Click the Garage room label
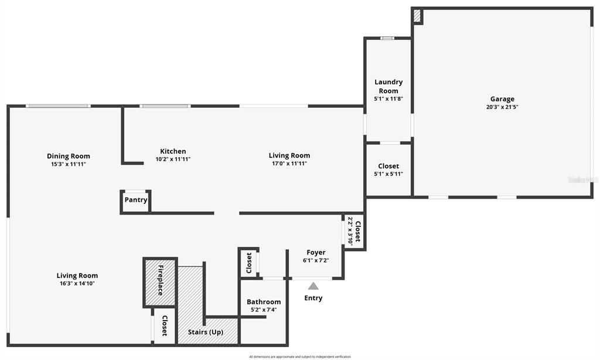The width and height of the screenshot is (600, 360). point(502,99)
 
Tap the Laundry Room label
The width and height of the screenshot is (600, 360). point(388,86)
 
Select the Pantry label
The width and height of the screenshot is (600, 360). point(135,200)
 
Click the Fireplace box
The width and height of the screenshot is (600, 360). point(160,282)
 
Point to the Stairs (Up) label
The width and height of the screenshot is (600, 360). point(208,332)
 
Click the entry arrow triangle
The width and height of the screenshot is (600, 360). point(313,286)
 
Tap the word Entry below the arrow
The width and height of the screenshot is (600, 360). point(313,298)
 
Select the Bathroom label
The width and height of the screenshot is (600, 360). point(263,302)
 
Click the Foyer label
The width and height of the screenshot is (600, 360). point(316,253)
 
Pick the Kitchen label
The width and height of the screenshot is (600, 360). point(173,151)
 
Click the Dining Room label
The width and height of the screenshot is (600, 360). point(69,156)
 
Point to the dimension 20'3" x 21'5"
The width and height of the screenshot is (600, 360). point(502,107)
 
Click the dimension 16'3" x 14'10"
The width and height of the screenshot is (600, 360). point(77,284)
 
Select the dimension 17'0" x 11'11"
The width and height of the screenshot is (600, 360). point(289,164)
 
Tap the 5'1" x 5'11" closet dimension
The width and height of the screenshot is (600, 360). point(388,174)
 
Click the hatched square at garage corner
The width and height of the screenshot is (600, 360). point(417,16)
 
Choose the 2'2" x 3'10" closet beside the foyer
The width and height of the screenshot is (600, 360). point(354,231)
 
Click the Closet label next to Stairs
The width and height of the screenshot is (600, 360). point(165,326)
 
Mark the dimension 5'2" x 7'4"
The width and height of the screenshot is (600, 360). point(263,310)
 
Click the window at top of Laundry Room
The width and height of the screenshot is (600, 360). point(387,39)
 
